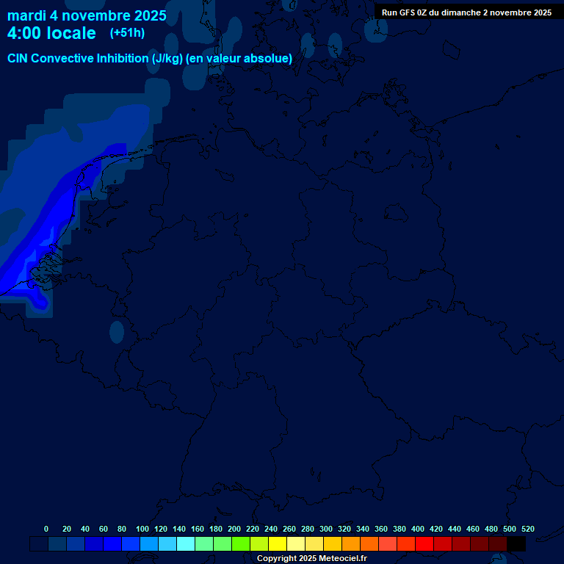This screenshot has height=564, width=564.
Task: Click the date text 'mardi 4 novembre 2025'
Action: tap(87, 15)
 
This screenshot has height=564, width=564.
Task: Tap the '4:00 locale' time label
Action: tap(51, 33)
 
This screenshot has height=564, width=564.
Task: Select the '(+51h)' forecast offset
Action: tap(127, 33)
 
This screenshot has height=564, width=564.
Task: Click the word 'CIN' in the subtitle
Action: tap(18, 58)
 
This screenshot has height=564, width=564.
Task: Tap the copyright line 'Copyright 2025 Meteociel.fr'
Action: tap(311, 558)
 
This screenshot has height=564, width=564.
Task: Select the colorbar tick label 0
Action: tap(46, 529)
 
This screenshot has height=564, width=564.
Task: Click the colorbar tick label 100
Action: tap(142, 529)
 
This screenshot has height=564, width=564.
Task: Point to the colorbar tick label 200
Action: tap(234, 529)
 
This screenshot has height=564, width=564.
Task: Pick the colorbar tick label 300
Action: tap(326, 529)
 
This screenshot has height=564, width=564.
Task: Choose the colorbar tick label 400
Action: tap(418, 529)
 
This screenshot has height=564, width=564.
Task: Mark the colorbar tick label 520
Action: tap(527, 529)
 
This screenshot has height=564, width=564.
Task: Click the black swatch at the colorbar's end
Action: tap(516, 543)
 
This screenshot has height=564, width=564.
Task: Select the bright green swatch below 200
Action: tap(241, 543)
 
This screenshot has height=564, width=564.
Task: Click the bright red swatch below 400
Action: tap(424, 543)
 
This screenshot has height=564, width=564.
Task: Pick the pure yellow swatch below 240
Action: tap(278, 543)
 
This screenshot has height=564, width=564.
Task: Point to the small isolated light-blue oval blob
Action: tap(117, 332)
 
